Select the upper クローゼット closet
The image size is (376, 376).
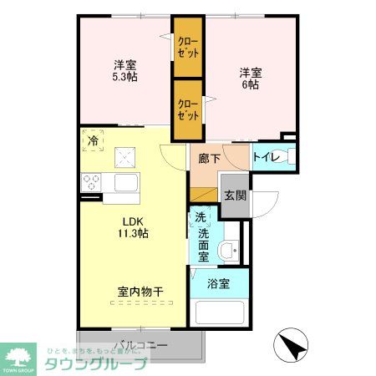pos(187,47)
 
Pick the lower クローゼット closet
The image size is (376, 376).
pos(188,109)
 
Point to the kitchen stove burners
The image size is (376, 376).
pos(91,182)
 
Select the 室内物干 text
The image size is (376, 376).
pos(140,292)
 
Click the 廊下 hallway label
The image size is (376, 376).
pos(209,158)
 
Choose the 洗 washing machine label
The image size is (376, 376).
pos(201,219)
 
